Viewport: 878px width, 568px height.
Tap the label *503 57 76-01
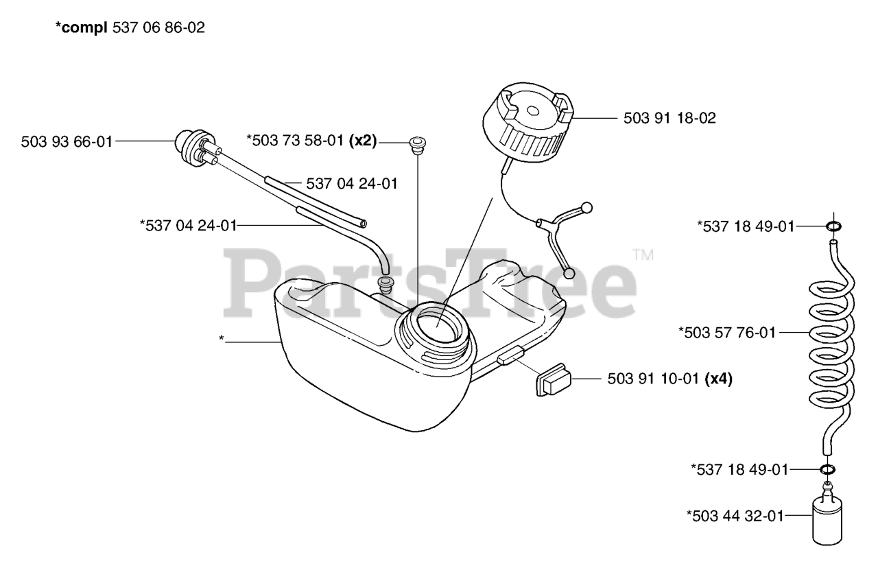[726, 333]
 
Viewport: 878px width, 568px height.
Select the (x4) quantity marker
[718, 378]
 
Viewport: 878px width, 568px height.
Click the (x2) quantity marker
[364, 141]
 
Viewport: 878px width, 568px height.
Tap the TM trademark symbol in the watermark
[643, 255]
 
